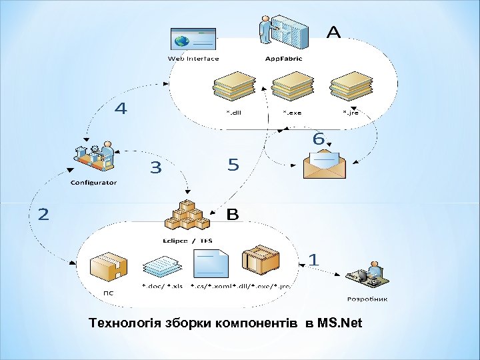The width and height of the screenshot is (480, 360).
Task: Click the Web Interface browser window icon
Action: (193, 39)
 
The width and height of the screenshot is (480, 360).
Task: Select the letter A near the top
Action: (333, 31)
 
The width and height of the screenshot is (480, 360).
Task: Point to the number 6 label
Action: (319, 139)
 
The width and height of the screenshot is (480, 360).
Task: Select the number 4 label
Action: (121, 109)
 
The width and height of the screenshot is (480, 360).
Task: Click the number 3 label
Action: (156, 167)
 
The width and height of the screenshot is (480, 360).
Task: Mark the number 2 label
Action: (43, 214)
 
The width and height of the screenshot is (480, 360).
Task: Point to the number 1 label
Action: (313, 259)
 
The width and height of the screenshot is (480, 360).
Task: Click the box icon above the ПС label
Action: (108, 267)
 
